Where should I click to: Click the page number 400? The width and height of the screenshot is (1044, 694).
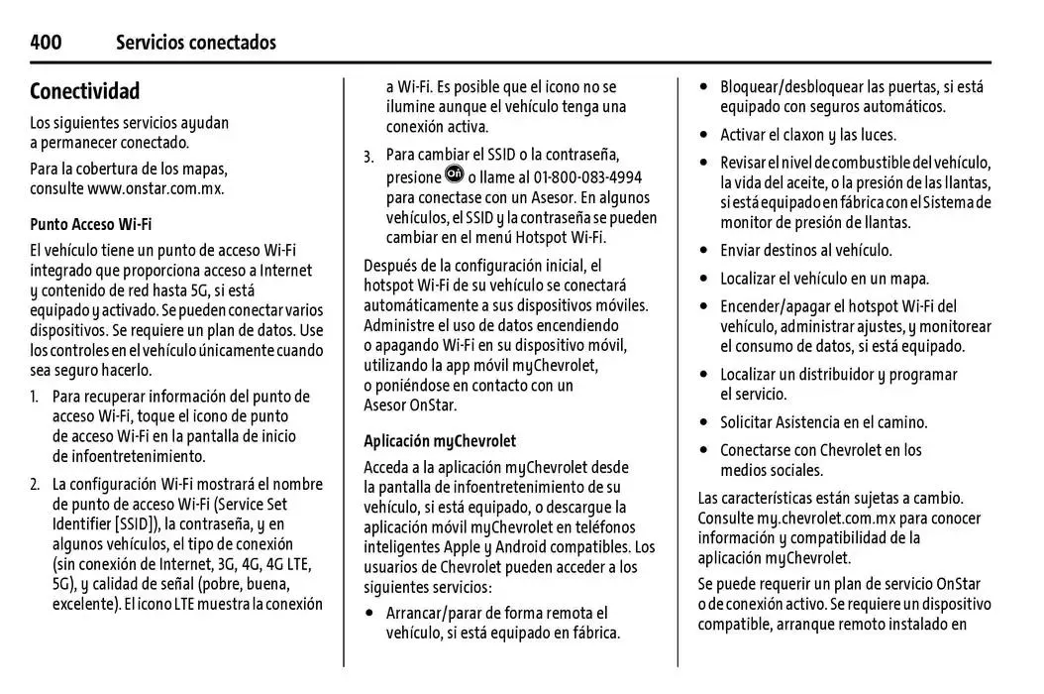pos(46,42)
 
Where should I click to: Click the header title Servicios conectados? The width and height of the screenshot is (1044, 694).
pos(196,42)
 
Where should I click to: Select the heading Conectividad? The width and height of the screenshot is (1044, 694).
pos(84,91)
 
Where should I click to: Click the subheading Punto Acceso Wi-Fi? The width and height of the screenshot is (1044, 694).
pos(90,224)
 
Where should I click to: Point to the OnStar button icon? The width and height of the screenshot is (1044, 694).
pos(455,174)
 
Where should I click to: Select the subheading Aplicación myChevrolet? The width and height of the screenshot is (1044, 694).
pos(440,441)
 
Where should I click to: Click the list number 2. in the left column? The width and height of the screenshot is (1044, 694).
pos(35,485)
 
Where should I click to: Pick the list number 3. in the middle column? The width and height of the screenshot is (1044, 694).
pos(368,156)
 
